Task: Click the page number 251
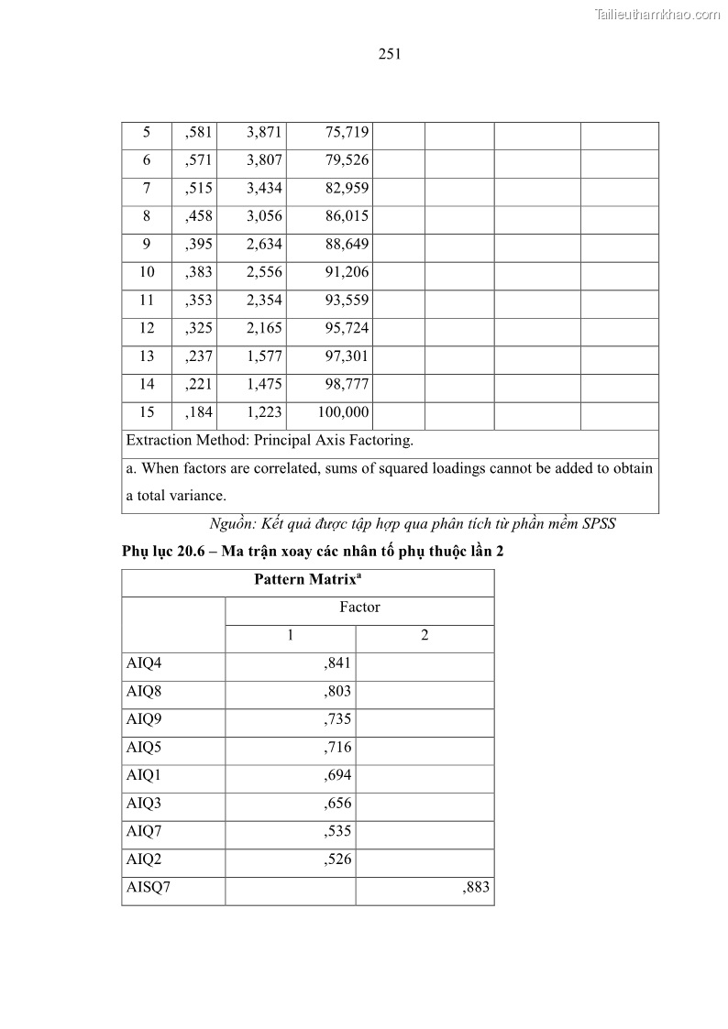click(390, 54)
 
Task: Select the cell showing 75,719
click(347, 133)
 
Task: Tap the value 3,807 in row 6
click(264, 161)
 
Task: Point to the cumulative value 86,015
click(347, 217)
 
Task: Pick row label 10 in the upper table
click(147, 272)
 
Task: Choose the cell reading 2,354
click(264, 301)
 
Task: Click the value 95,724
click(347, 328)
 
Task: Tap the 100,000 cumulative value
click(343, 412)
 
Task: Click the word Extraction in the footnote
click(160, 441)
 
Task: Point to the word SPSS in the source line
click(596, 525)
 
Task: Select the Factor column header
click(359, 608)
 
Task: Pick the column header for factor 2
click(425, 636)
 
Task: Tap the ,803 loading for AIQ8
click(337, 692)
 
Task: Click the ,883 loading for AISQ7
click(477, 888)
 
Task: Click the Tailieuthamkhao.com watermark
click(656, 14)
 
